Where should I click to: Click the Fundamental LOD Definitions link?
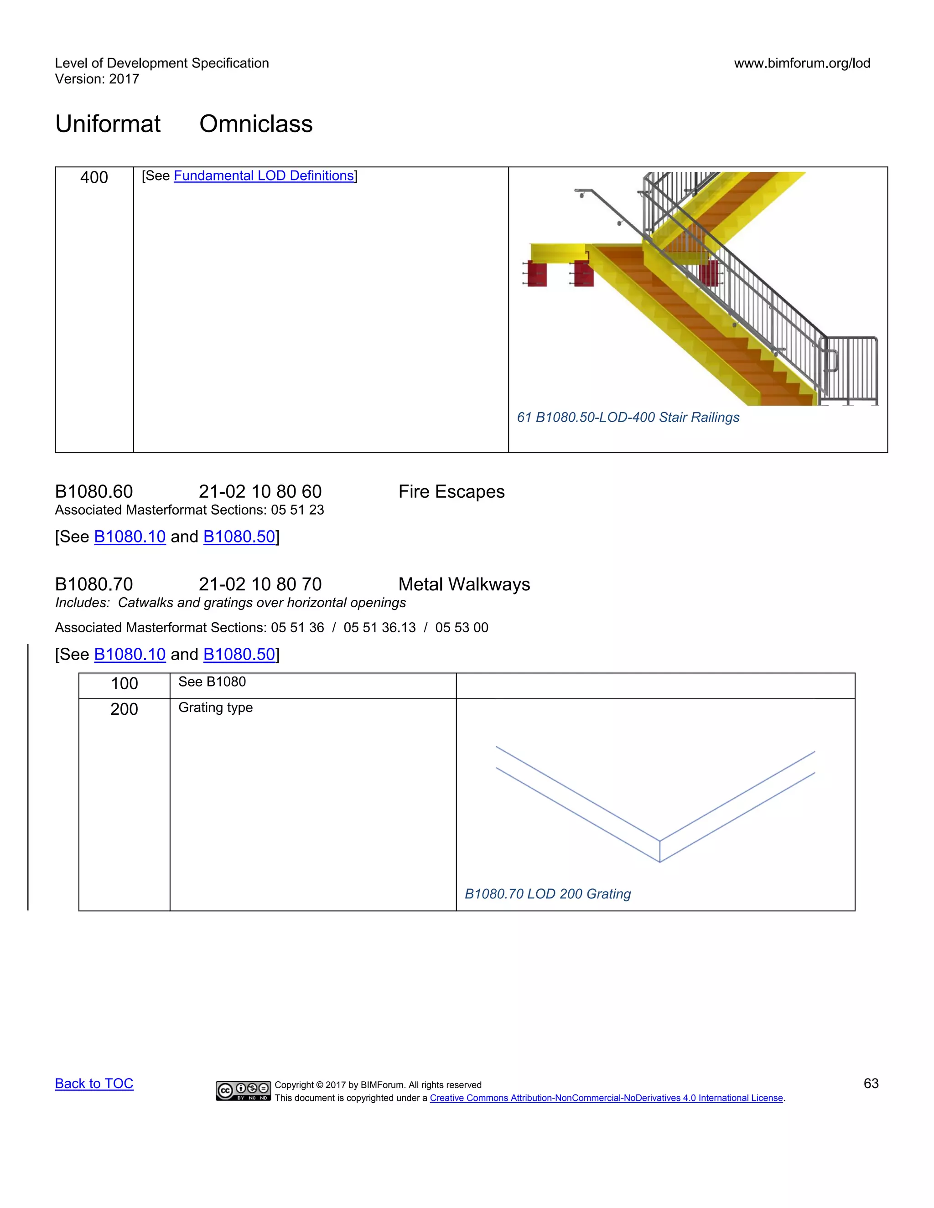pos(264,176)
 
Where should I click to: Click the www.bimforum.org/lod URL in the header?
pos(802,63)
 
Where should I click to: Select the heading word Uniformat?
pos(108,124)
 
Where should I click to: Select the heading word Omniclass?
pos(256,124)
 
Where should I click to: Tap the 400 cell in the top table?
pos(94,177)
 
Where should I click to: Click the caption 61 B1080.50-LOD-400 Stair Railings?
pos(628,417)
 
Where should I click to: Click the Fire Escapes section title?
pos(451,492)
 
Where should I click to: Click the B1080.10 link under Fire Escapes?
pos(130,537)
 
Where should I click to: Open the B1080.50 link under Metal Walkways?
pos(239,654)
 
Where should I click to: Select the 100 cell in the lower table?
pos(124,684)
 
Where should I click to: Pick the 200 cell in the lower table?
pos(124,709)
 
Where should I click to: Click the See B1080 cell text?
pos(212,682)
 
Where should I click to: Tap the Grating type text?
pos(215,707)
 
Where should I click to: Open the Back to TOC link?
pos(94,1084)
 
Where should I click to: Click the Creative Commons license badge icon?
pos(243,1091)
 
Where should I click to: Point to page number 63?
pos(870,1084)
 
